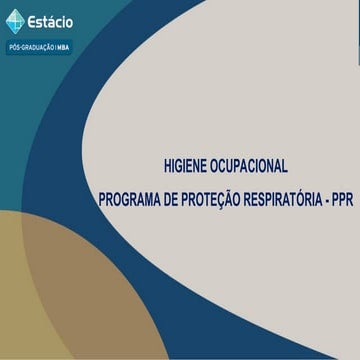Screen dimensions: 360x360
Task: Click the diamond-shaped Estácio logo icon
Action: [16, 21]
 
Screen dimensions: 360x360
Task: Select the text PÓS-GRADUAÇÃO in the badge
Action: [32, 47]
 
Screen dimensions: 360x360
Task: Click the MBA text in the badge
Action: [63, 47]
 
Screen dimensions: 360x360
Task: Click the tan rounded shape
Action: [50, 290]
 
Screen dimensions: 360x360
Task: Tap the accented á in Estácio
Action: [59, 21]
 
